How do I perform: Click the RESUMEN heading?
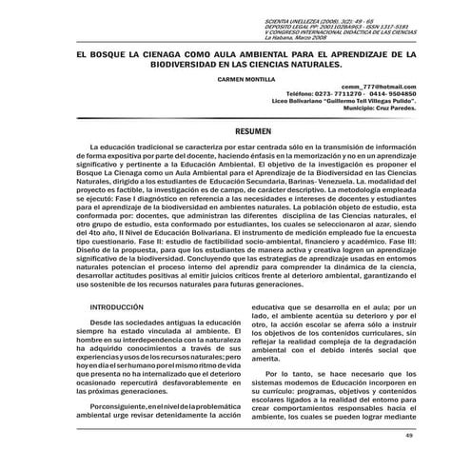coord(236,128)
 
